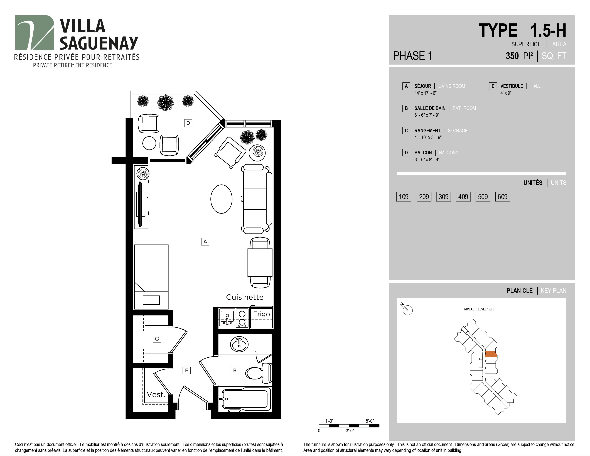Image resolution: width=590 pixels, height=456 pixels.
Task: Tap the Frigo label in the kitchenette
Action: point(261,314)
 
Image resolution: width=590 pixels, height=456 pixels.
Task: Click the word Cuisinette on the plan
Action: point(244,297)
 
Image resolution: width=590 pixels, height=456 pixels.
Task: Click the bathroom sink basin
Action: point(239,344)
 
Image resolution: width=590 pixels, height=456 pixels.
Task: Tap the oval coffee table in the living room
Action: point(221,199)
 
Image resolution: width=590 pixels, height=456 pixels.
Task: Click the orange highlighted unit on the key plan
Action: point(491,354)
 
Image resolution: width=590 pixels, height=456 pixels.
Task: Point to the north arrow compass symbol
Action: point(407,310)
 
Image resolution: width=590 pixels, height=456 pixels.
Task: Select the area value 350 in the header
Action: point(512,56)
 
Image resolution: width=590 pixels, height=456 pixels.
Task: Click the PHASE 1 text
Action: point(412,56)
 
